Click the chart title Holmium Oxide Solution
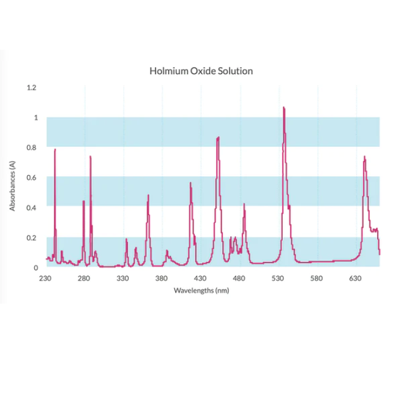tap(201, 71)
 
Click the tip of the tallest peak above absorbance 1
tap(284, 108)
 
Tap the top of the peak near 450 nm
tap(217, 138)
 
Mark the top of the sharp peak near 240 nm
tap(55, 149)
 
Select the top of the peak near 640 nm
tap(365, 157)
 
